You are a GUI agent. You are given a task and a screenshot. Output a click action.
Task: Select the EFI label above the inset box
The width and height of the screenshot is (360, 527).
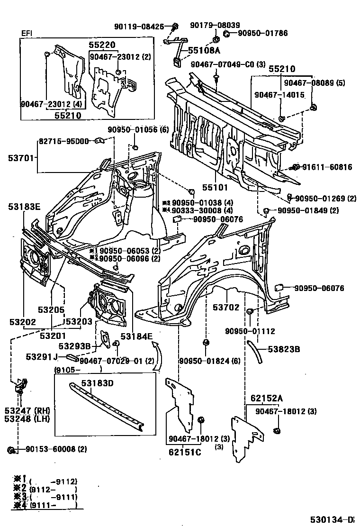click(27, 33)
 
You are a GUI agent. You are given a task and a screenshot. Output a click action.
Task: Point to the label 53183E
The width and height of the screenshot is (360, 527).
click(24, 207)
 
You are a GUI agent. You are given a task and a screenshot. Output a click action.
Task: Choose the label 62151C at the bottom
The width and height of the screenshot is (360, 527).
click(184, 452)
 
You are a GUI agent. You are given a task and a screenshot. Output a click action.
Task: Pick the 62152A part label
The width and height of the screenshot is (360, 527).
click(263, 398)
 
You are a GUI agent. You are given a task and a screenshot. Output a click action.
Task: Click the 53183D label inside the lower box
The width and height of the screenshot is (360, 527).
click(97, 383)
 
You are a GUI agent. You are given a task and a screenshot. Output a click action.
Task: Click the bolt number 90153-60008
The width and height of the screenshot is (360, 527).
click(50, 449)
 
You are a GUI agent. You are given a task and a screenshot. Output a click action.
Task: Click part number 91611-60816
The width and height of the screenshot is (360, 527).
click(327, 167)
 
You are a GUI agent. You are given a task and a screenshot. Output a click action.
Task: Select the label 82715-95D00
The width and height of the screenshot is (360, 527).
click(63, 141)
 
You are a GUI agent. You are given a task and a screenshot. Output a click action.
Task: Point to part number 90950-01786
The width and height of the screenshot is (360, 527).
click(262, 33)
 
